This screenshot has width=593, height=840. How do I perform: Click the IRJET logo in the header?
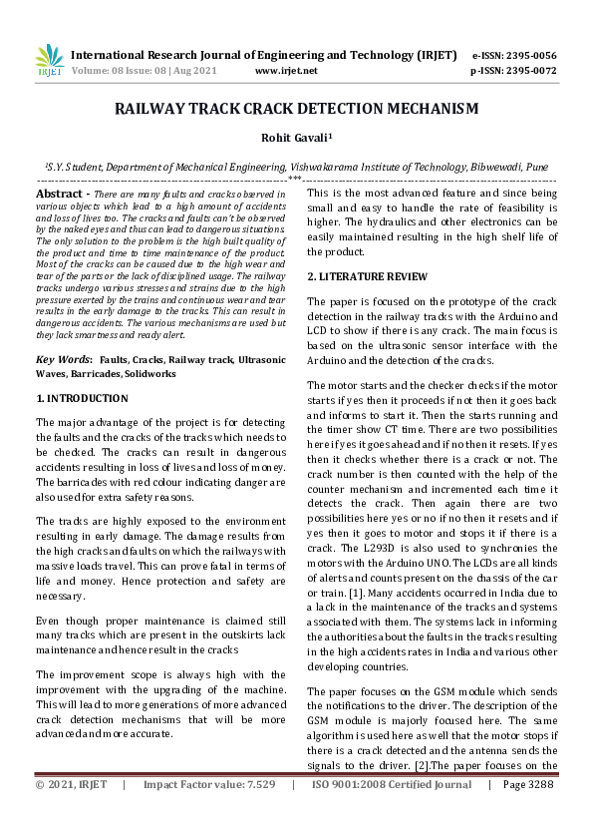49,63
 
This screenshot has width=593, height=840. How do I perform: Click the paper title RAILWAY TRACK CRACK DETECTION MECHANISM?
296,108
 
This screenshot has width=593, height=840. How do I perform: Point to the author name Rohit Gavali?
296,140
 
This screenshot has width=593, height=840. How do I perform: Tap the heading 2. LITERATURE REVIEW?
353,275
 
